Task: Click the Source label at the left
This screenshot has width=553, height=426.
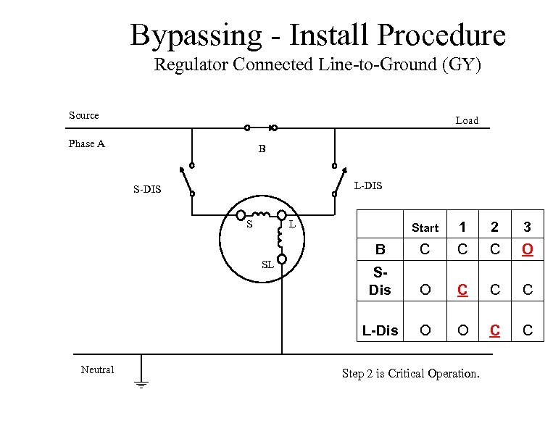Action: tap(84, 115)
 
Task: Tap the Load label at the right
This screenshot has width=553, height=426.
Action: tap(467, 121)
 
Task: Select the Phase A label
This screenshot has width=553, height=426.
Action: tap(87, 143)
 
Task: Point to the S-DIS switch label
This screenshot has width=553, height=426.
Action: tap(148, 190)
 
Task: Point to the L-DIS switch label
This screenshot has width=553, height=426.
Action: tap(367, 186)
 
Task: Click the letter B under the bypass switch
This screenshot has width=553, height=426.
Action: tap(262, 149)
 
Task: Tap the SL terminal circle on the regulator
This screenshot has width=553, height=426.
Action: tap(282, 259)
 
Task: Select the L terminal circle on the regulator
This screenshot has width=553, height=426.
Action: tap(281, 215)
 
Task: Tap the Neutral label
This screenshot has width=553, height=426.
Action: tap(97, 369)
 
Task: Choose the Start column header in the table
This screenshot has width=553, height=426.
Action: tap(425, 227)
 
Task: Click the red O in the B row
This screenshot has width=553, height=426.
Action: tap(528, 250)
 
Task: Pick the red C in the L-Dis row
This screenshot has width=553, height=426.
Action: tap(494, 330)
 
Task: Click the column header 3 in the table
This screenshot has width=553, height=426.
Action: tap(528, 227)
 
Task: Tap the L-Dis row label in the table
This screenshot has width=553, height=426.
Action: tap(380, 330)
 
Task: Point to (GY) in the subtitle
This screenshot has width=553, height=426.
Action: tap(461, 64)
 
